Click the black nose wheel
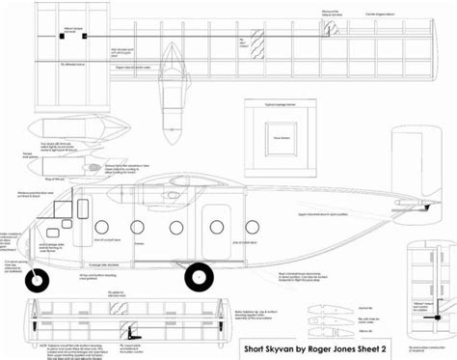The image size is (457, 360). click(x=38, y=281)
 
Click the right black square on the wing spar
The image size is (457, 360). click(x=87, y=37)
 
